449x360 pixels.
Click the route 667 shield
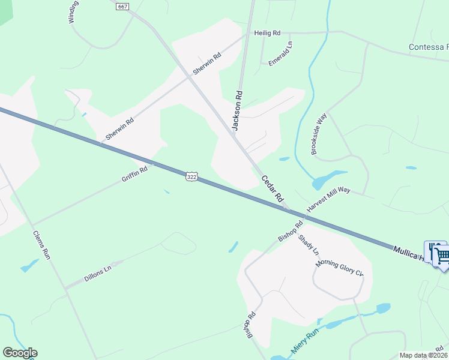pos(122,6)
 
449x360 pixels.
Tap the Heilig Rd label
pos(268,34)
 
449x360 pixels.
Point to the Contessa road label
pos(428,47)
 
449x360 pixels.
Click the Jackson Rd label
pos(238,110)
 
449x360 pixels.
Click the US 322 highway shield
pos(191,176)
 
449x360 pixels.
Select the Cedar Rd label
pos(271,187)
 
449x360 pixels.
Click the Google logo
pos(20,353)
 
